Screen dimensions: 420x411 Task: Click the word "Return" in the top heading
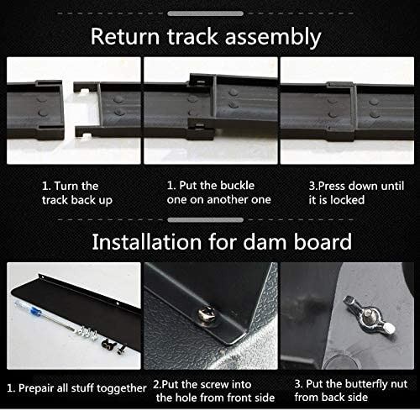point(125,36)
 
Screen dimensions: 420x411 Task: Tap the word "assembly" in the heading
point(273,37)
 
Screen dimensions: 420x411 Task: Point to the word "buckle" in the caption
point(237,186)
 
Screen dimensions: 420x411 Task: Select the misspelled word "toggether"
point(122,389)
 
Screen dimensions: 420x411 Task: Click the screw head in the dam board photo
point(207,314)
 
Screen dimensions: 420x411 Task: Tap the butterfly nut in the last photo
point(369,314)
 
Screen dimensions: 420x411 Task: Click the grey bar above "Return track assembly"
point(205,13)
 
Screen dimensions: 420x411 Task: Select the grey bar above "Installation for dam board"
point(205,220)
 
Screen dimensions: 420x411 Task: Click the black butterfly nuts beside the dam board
point(108,344)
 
